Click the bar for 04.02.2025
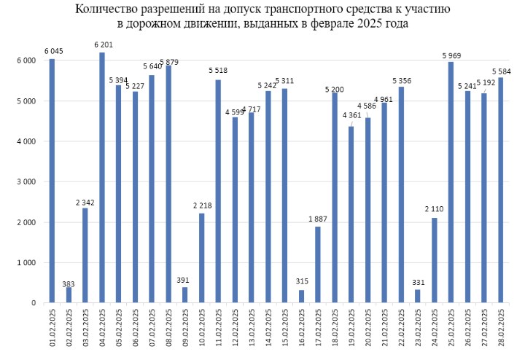[101, 178]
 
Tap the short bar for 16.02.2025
[301, 297]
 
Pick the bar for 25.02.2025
[451, 182]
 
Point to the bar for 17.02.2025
[318, 265]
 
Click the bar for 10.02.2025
[201, 258]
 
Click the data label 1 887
[319, 219]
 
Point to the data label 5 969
[451, 55]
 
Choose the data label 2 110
[435, 211]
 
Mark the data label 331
[417, 283]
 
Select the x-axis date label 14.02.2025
[268, 326]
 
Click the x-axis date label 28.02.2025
[501, 326]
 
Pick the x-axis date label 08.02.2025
[168, 326]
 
